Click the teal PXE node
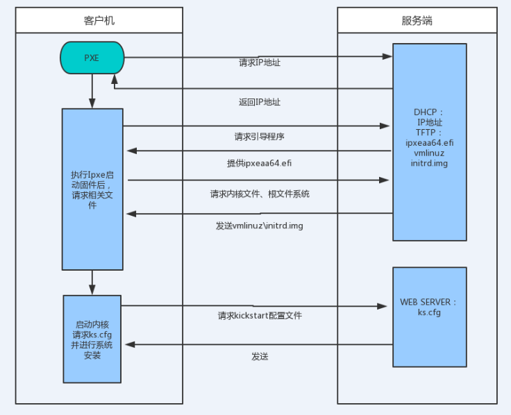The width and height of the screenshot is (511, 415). click(x=92, y=58)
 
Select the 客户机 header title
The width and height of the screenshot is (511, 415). click(x=99, y=20)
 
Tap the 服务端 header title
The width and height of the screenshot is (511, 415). click(x=417, y=20)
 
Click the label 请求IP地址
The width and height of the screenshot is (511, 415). click(x=260, y=62)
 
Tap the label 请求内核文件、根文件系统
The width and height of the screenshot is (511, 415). click(x=260, y=194)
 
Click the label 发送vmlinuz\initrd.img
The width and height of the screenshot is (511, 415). click(x=260, y=226)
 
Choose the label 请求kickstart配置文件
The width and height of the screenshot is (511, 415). click(x=260, y=316)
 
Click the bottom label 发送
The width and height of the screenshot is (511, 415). click(x=260, y=356)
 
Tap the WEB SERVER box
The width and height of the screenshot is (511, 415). click(x=428, y=316)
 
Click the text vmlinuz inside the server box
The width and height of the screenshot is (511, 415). click(x=429, y=153)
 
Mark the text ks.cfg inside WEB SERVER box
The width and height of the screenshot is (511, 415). click(x=429, y=312)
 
